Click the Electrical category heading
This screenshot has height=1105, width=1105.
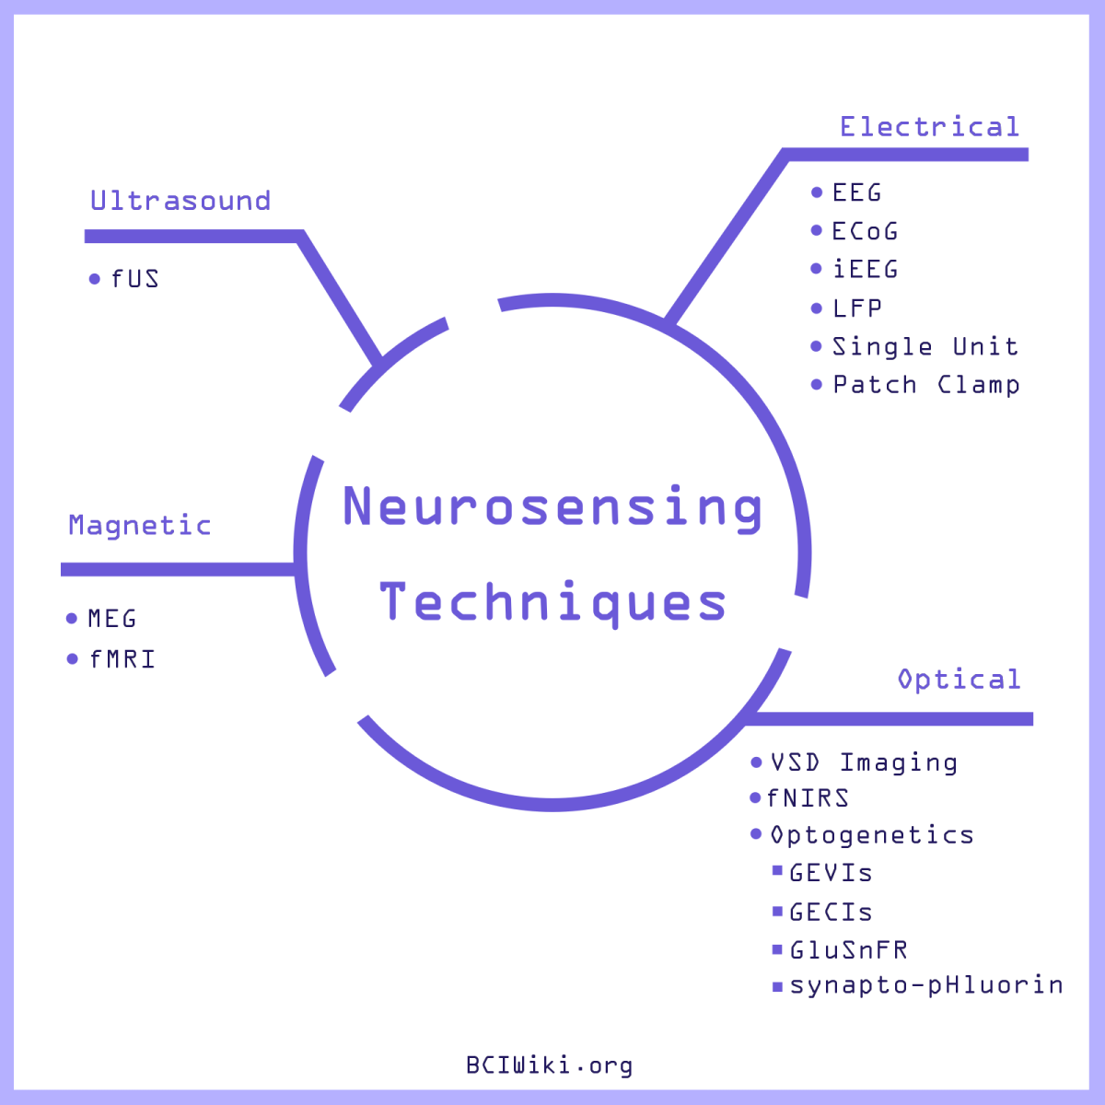click(x=929, y=127)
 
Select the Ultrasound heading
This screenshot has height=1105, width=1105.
click(x=180, y=201)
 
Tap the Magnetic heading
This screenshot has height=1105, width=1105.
click(x=140, y=526)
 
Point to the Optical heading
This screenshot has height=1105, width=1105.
click(x=959, y=680)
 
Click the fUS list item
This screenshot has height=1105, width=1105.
click(x=134, y=279)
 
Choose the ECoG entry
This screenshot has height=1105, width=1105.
click(x=865, y=231)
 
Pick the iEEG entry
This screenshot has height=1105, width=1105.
click(x=865, y=270)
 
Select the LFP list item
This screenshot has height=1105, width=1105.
click(x=857, y=308)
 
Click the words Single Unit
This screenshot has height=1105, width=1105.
click(x=925, y=347)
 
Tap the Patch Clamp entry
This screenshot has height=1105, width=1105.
click(x=926, y=385)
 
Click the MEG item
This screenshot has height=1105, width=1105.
click(x=112, y=619)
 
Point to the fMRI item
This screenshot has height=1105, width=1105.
click(x=122, y=659)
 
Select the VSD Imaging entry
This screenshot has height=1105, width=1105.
click(x=864, y=762)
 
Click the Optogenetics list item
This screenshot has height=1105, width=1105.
click(x=872, y=835)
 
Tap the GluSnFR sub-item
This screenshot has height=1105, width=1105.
click(x=849, y=950)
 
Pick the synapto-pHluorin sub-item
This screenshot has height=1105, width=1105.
click(x=926, y=985)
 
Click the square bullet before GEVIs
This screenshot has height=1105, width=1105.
click(x=777, y=871)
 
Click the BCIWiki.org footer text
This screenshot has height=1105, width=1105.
click(x=550, y=1065)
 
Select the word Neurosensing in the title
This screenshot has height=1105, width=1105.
click(x=552, y=506)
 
